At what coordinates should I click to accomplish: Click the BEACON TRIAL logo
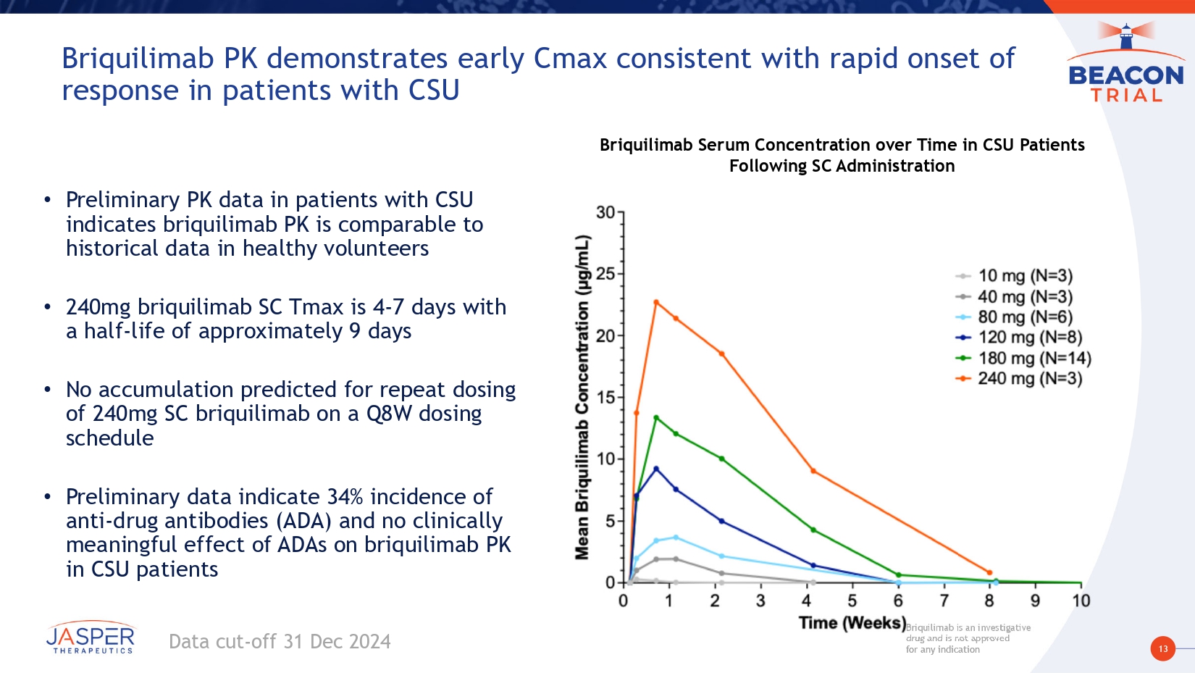point(1126,65)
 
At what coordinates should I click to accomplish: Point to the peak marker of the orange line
point(656,302)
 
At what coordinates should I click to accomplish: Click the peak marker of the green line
point(656,417)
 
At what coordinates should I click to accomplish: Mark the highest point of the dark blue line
point(656,469)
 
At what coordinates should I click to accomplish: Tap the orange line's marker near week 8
point(989,572)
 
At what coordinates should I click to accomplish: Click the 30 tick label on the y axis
point(605,212)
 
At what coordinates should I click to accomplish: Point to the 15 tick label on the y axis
point(605,397)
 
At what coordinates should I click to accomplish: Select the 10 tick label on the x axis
point(1081,601)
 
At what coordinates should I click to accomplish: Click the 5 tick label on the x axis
point(852,601)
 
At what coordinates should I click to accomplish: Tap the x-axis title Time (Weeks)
point(852,623)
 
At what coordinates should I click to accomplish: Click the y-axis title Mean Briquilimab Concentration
point(582,397)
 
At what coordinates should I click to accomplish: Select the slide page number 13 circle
point(1162,648)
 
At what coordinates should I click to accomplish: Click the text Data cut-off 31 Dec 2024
point(280,642)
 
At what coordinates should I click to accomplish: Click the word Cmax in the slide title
point(570,59)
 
